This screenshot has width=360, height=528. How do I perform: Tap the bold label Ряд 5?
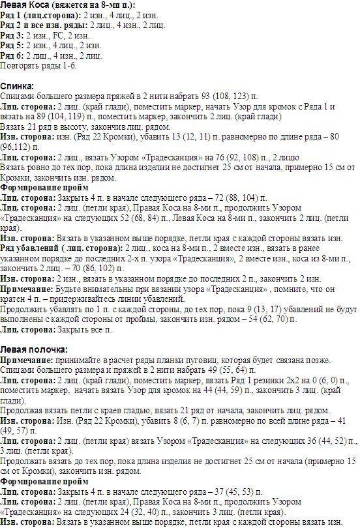click(12, 46)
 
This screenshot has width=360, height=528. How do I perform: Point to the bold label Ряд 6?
click(12, 55)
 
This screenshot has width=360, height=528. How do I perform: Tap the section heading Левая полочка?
click(33, 349)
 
